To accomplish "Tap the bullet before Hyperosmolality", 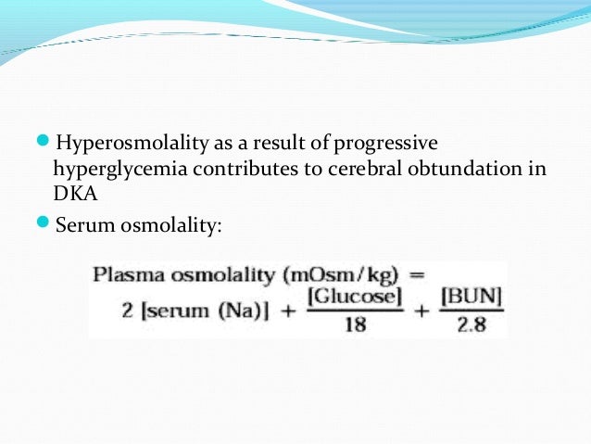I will click(46, 144).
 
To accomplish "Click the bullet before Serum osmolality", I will click(46, 223).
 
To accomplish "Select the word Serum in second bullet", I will click(81, 224).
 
